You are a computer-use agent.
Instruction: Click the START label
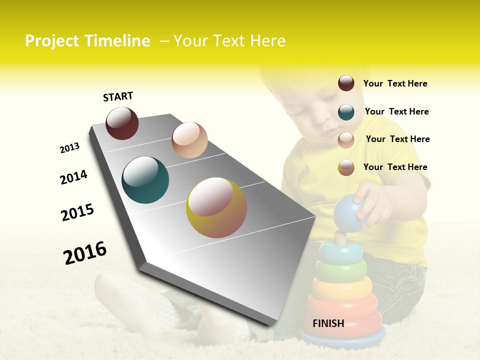pos(118,96)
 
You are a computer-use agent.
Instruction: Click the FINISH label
pos(328,323)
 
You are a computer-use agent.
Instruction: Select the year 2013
pos(69,148)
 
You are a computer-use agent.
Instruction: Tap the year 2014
pos(73,177)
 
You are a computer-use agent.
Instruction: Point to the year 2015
pos(77,212)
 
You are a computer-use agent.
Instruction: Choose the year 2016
pos(85,252)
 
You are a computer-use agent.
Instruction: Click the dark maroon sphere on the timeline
pos(122,123)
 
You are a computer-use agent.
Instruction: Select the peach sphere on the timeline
pos(189,140)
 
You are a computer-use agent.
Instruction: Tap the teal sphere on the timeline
pos(145,180)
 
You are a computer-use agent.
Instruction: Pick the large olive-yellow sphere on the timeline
pos(216,207)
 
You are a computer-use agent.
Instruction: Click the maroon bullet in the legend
pos(346,83)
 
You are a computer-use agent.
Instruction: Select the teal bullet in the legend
pos(346,111)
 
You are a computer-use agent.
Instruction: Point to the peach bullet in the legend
pos(346,140)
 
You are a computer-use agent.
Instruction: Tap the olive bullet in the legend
pos(346,167)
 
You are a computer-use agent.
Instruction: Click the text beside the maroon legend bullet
pos(395,83)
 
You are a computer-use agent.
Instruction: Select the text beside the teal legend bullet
pos(396,111)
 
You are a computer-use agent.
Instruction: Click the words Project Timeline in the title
pos(87,41)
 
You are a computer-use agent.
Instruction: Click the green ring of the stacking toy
pos(340,271)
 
